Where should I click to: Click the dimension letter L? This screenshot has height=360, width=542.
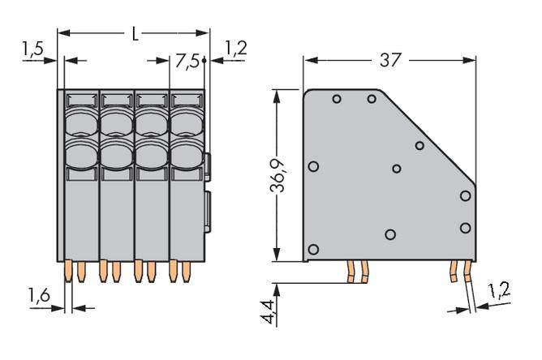coord(135,34)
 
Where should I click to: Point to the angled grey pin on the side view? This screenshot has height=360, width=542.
coord(470,296)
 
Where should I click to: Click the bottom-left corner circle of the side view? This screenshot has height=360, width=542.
coord(314,249)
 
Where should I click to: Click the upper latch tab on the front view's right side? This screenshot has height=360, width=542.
coord(210,166)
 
